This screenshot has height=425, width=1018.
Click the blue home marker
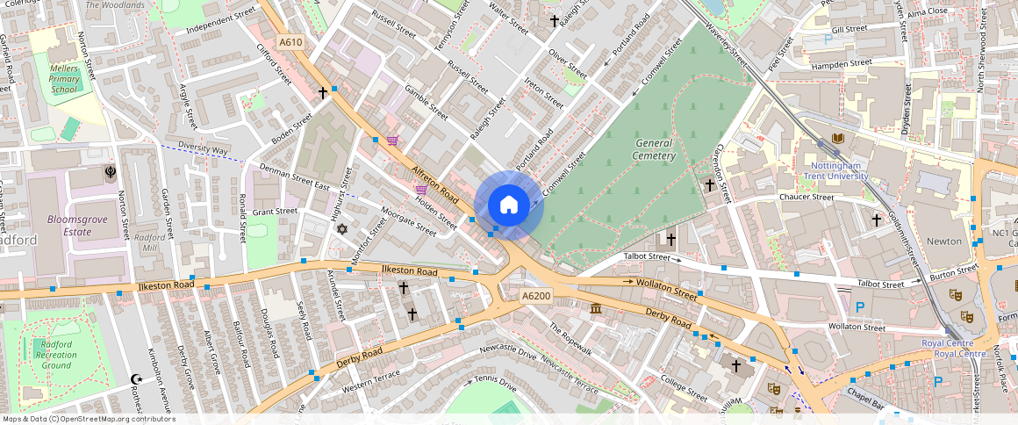[x=509, y=205]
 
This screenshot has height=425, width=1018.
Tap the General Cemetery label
[x=655, y=149]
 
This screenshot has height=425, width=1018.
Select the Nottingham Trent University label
[x=835, y=169]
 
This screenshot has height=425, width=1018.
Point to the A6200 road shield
[x=536, y=296]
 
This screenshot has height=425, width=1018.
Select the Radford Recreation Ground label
[x=56, y=354]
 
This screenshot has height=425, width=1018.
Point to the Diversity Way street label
[x=203, y=149]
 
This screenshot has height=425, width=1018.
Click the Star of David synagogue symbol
[x=342, y=229]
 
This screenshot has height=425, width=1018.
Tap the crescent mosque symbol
[x=136, y=379]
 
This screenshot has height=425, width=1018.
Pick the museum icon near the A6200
[x=597, y=309]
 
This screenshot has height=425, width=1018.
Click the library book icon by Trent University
[x=836, y=139]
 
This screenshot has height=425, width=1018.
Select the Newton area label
[x=944, y=241]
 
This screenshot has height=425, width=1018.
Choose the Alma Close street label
[x=928, y=11]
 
